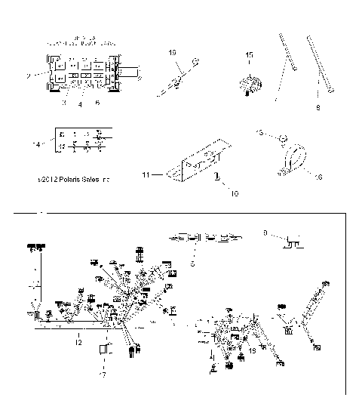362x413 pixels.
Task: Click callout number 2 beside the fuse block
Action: tap(28, 76)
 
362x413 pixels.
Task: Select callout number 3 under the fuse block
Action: tap(63, 103)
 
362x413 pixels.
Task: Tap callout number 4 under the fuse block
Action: tap(79, 105)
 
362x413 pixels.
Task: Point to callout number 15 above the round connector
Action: tap(250, 55)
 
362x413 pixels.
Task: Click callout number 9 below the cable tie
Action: tap(318, 107)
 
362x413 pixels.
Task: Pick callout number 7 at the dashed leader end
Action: tap(103, 374)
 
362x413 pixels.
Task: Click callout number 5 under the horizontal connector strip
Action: tap(192, 264)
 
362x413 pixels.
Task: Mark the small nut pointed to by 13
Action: tap(279, 137)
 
